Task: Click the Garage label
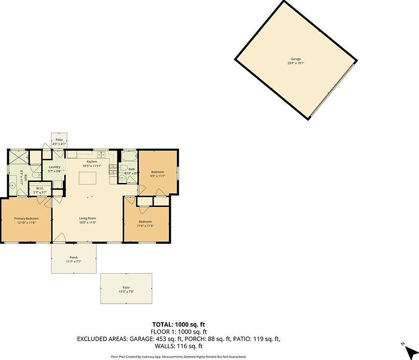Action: pos(295,59)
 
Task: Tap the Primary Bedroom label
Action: pos(26,218)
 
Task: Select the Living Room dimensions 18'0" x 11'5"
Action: pos(88,223)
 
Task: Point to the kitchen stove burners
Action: pos(112,170)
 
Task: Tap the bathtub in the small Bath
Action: pos(129,158)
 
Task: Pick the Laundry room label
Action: pos(54,167)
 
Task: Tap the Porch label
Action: pos(74,257)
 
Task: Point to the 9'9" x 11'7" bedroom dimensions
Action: pos(157,176)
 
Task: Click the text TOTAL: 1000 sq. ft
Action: pos(179,325)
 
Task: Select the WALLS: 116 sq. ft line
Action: pos(179,346)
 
